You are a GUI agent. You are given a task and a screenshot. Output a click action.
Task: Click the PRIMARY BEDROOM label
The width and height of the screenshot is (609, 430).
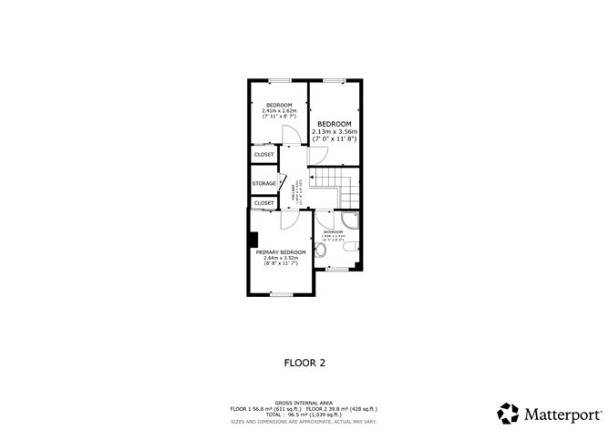tap(280, 251)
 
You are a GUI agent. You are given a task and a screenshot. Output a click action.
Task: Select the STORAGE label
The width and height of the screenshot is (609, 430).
tap(264, 184)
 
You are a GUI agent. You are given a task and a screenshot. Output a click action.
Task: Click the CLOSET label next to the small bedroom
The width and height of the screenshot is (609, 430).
tap(263, 155)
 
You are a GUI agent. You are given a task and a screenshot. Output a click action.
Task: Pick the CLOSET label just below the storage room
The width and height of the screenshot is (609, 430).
tap(263, 203)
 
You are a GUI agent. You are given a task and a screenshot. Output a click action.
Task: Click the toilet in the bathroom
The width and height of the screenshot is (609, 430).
tap(321, 249)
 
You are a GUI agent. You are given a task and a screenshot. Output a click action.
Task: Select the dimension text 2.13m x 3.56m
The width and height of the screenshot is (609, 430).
tap(335, 131)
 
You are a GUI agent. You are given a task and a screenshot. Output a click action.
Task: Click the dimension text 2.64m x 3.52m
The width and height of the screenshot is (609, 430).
tap(280, 258)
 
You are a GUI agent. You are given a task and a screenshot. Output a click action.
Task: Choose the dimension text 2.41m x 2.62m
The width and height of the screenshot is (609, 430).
tap(278, 111)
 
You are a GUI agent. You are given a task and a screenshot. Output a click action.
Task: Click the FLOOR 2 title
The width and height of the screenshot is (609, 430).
tap(304, 362)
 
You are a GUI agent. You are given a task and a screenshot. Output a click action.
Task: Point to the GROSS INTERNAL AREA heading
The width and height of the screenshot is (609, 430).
tap(304, 400)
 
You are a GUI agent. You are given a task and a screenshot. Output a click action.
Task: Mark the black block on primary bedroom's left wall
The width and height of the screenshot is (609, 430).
tap(251, 240)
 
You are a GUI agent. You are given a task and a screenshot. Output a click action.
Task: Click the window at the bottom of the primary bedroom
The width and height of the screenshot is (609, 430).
tap(282, 294)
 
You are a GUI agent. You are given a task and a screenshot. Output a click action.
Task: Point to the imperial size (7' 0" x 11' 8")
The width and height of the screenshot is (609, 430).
tap(335, 138)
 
